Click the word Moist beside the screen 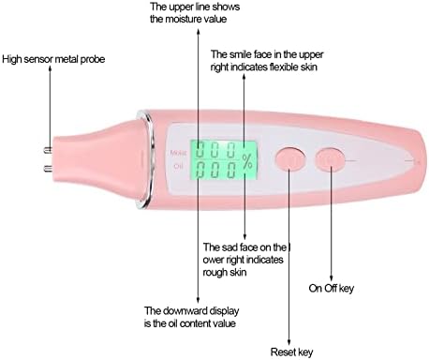point(177,151)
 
